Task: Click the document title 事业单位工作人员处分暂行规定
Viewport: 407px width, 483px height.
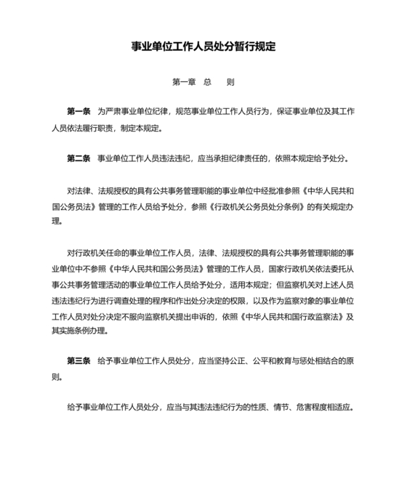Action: (203, 46)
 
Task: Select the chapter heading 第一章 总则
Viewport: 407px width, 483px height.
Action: (203, 82)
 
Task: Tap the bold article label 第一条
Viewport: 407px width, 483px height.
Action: (78, 112)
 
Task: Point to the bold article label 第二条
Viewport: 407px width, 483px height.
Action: (78, 158)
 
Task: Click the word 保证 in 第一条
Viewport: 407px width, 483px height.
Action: (279, 112)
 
